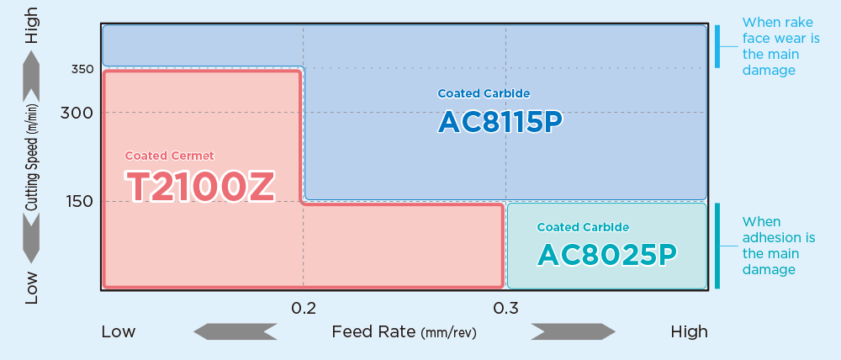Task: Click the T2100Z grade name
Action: point(200,186)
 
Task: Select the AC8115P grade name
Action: point(500,122)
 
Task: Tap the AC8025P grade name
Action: point(606,252)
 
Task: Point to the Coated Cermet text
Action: point(169,156)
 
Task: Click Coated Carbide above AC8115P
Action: point(484,93)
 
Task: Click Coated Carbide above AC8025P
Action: point(583,227)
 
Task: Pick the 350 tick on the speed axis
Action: point(82,69)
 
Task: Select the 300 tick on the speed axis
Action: point(77,113)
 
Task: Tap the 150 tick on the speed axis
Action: point(77,201)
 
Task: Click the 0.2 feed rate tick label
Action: point(303,308)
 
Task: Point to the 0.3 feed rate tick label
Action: point(505,308)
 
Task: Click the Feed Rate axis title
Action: point(404,331)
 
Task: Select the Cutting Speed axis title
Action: point(32,157)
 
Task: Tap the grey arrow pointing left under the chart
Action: point(235,331)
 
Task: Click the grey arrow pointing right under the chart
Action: point(573,331)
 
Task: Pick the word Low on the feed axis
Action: point(119,331)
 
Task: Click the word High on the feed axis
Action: point(689,331)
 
